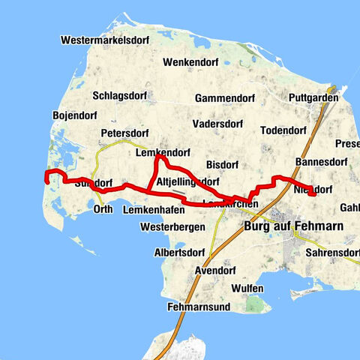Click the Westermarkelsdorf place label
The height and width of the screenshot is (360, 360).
pyautogui.click(x=108, y=39)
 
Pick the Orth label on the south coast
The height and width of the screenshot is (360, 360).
pyautogui.click(x=103, y=209)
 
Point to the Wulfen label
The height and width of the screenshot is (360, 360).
pyautogui.click(x=247, y=288)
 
